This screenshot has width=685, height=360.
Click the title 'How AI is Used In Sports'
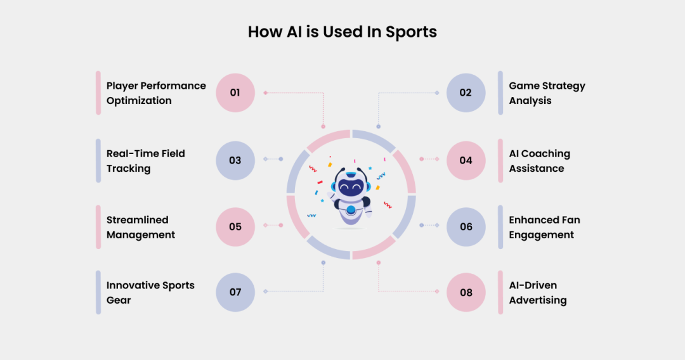342,32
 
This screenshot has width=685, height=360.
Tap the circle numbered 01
235,93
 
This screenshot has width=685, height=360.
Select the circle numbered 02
466,93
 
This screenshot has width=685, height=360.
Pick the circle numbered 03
235,160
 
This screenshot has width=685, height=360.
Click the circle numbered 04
466,160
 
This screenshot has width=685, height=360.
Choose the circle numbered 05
235,226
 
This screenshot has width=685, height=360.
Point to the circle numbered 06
466,226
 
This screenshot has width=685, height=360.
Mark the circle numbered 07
235,292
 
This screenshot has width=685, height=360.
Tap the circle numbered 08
466,292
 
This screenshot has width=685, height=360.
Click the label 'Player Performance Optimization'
156,93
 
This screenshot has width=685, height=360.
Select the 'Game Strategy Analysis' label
547,93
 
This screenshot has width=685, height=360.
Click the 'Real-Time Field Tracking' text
145,161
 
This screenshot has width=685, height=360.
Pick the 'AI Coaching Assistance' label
539,161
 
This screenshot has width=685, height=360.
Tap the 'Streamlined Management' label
140,227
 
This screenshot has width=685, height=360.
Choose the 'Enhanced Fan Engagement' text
544,227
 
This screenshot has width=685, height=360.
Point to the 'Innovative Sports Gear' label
150,293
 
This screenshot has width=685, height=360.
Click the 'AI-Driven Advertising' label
537,293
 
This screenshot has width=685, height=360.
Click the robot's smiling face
351,188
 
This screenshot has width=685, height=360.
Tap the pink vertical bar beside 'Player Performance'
98,93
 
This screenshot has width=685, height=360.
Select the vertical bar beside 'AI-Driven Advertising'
500,293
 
